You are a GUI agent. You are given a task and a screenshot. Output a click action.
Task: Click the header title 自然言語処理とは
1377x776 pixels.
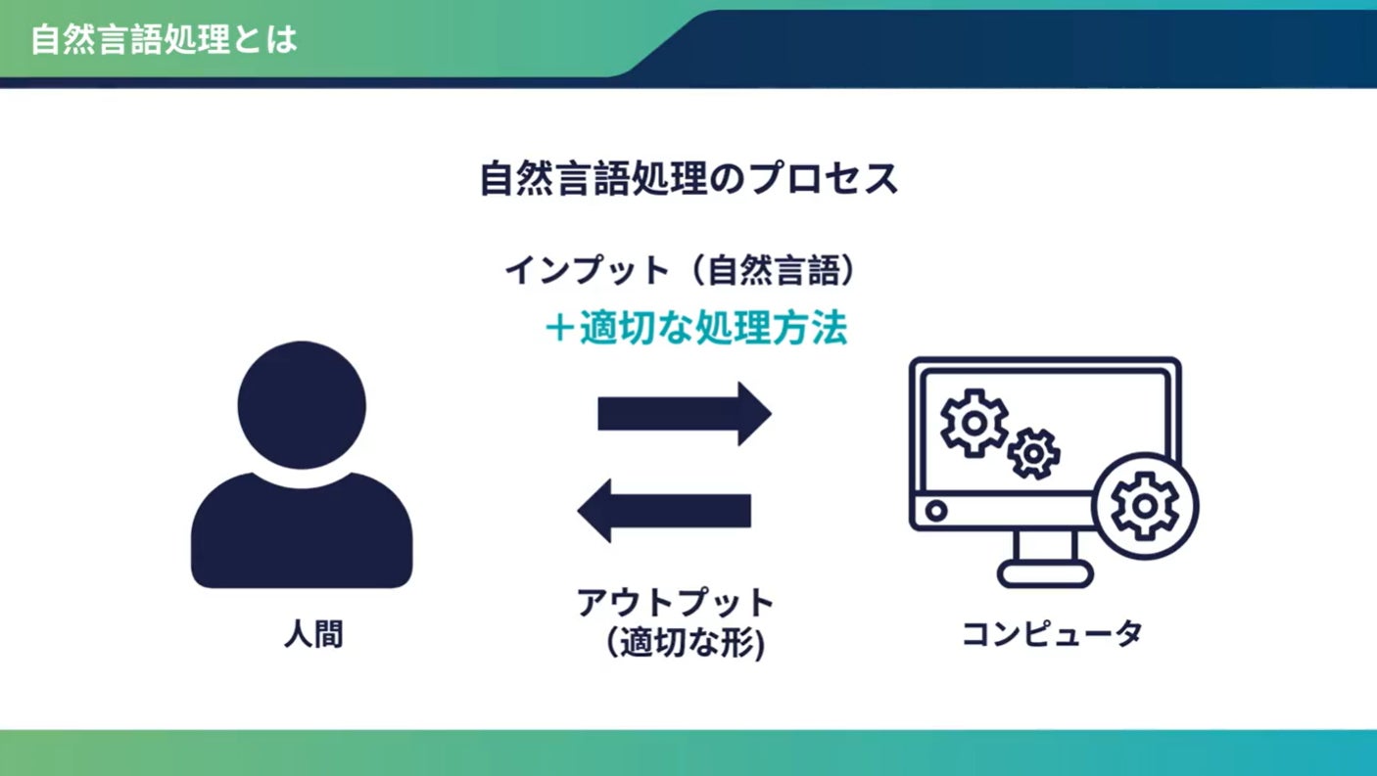click(165, 40)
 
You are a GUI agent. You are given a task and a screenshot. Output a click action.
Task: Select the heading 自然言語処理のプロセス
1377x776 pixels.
click(688, 179)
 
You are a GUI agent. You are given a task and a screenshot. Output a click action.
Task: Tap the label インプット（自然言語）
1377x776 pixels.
click(682, 269)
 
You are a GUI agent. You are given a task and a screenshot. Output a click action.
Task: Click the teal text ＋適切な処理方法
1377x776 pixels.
click(695, 330)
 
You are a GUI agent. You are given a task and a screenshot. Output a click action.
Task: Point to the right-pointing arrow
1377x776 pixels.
click(685, 413)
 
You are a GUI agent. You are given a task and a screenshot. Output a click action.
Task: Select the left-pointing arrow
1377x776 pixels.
click(665, 510)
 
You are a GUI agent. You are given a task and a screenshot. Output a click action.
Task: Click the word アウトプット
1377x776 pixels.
click(676, 602)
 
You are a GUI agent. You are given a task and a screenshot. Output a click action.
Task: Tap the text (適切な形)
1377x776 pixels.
click(685, 644)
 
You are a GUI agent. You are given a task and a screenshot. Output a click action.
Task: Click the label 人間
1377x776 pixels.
click(314, 635)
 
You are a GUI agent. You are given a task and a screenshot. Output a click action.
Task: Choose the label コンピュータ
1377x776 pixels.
click(1052, 633)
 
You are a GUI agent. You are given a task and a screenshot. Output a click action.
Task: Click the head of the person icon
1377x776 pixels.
click(302, 404)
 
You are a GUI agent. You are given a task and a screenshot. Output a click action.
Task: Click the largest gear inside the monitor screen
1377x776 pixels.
click(973, 422)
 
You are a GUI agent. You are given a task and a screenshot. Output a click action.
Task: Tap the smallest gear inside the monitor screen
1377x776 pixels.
click(1034, 453)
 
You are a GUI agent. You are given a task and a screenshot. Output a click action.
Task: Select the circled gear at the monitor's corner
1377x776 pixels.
click(1145, 506)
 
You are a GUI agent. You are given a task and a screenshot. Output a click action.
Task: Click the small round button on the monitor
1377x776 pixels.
click(936, 510)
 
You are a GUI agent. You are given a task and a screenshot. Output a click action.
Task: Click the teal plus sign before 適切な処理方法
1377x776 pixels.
click(559, 330)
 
